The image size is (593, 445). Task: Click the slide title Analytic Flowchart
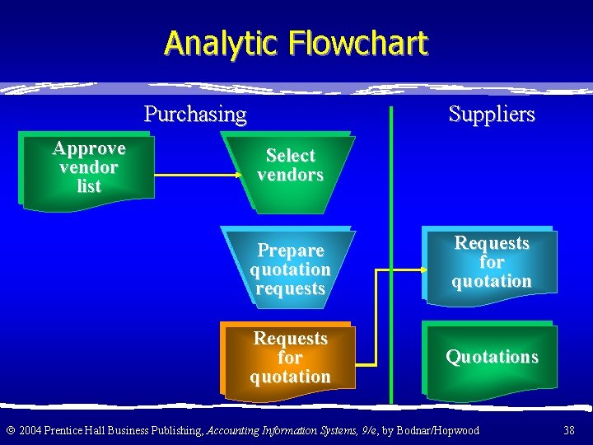click(296, 43)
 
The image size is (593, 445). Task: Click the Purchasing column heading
click(195, 114)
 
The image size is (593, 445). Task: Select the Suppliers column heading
click(492, 114)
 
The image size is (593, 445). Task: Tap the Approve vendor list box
click(88, 167)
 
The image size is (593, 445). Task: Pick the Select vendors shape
click(290, 165)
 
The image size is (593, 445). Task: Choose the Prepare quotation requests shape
click(290, 269)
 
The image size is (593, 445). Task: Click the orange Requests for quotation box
click(290, 358)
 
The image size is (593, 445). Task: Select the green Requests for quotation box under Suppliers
click(492, 262)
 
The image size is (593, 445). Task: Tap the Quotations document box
click(492, 357)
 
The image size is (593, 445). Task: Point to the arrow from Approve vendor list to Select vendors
click(198, 175)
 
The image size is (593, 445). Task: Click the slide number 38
click(569, 430)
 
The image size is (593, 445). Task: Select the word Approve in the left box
click(88, 148)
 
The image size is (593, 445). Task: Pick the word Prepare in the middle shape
click(290, 251)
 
